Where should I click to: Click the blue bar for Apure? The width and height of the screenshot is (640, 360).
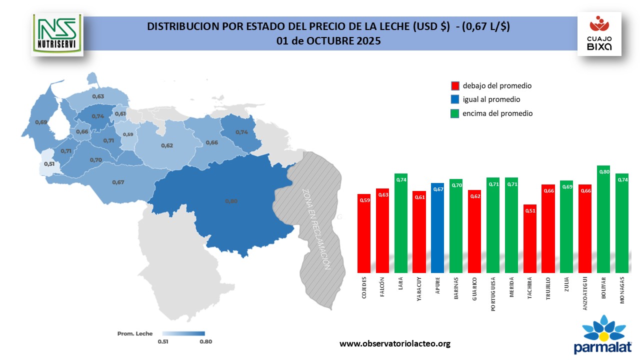pos(437,227)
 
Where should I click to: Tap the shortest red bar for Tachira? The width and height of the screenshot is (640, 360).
pos(530,238)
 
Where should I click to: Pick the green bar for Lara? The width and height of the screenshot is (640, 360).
pos(401,222)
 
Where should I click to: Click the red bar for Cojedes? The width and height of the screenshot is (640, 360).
pos(364,233)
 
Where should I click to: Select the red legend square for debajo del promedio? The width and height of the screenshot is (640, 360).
pos(455,86)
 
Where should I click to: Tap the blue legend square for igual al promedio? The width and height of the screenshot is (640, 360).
pos(455,99)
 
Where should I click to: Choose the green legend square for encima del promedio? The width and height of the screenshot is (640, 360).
pos(455,113)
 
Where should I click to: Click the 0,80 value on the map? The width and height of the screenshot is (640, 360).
pos(231,201)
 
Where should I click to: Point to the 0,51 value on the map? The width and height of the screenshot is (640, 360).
pos(49,163)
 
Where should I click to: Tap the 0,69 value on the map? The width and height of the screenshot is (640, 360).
pos(41,122)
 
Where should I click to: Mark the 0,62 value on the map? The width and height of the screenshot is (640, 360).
pos(167,145)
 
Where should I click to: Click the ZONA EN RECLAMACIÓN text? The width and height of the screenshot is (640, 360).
pos(316,229)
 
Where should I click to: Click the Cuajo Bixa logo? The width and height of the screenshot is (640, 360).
pos(599,34)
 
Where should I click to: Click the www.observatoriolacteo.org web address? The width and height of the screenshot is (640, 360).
pos(395,343)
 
